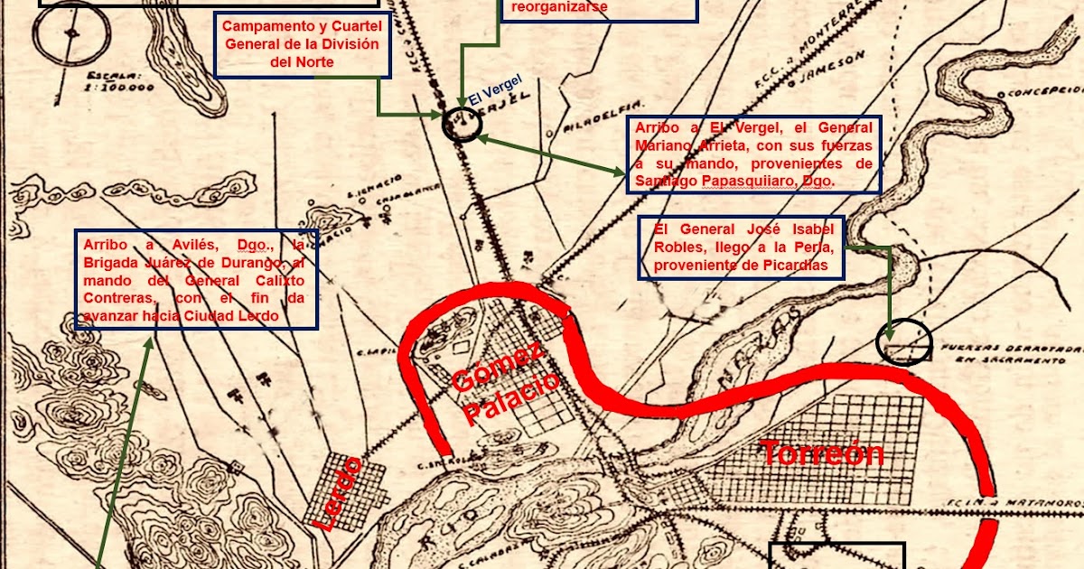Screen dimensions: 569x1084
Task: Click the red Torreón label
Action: [x=821, y=452]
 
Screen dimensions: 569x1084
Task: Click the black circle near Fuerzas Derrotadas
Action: [x=905, y=342]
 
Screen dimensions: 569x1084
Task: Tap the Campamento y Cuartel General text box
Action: [x=302, y=44]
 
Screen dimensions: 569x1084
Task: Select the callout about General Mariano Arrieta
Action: [x=753, y=154]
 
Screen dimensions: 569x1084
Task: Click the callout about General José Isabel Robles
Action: [x=742, y=247]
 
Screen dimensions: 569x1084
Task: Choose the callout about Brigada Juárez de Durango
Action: [x=194, y=279]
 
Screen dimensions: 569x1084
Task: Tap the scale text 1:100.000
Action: [x=117, y=88]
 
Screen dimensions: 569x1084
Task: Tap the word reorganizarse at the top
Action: [x=559, y=7]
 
